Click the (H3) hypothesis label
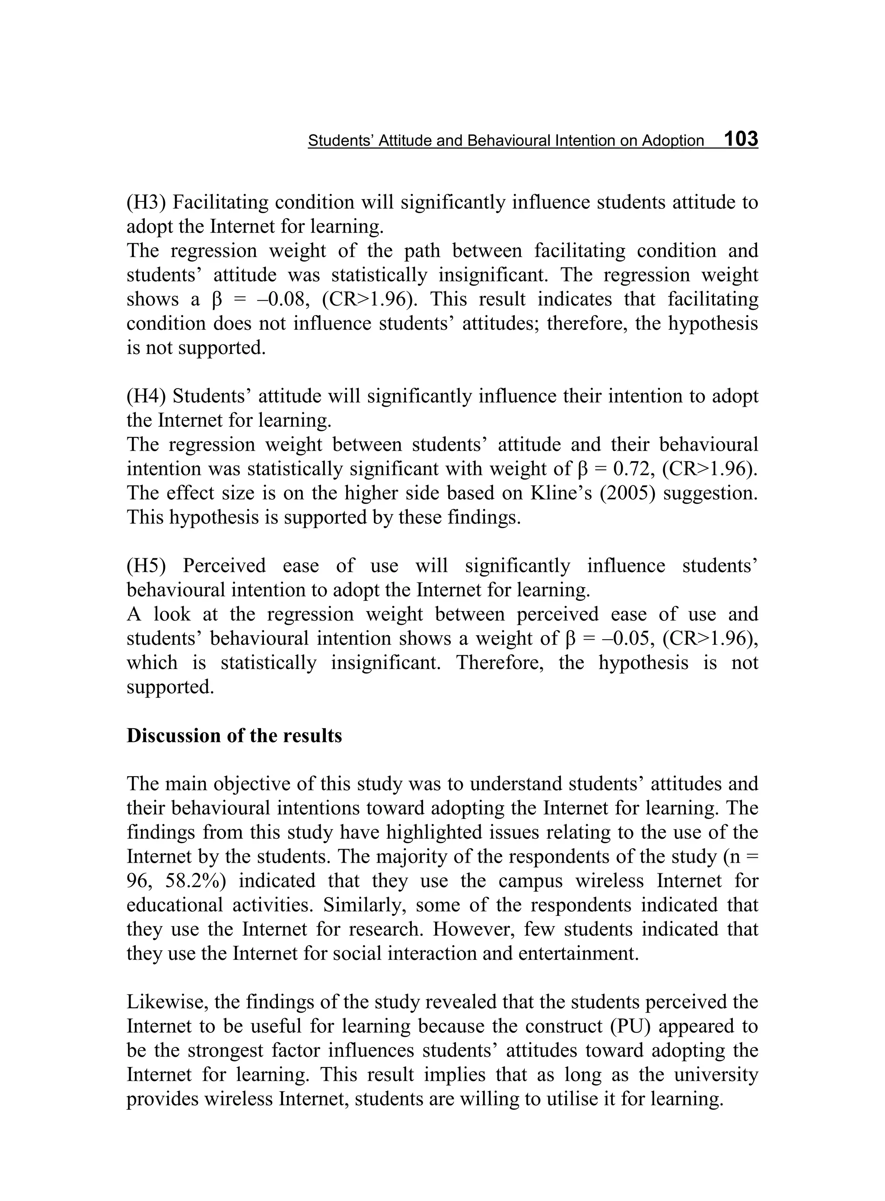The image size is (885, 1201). pos(146,203)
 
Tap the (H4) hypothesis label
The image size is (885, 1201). pos(146,396)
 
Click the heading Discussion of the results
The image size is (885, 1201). pos(234,736)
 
